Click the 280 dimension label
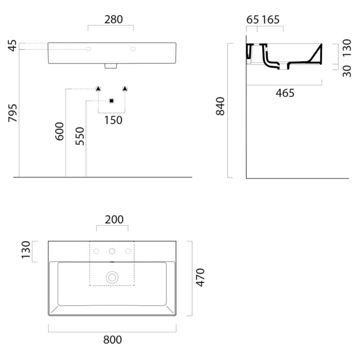click(113, 19)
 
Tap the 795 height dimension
click(13, 113)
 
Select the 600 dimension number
click(59, 131)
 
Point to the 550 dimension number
click(80, 136)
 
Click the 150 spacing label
click(113, 120)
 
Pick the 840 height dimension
click(220, 106)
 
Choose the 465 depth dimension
click(285, 93)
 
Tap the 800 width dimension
click(112, 340)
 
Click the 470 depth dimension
click(200, 278)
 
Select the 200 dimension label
click(114, 220)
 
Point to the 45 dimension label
click(13, 46)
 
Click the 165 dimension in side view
click(271, 20)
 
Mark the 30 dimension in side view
click(347, 71)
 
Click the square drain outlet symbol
click(112, 101)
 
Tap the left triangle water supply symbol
click(98, 89)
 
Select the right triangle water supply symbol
click(125, 89)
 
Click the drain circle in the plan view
click(112, 278)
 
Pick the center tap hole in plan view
click(112, 252)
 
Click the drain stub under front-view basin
click(111, 66)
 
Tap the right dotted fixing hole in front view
click(133, 49)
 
